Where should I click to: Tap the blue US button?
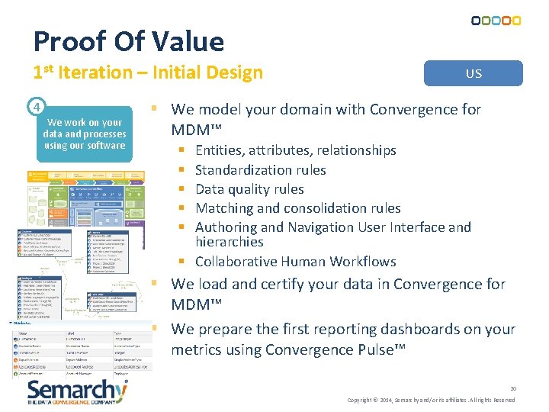(x=474, y=73)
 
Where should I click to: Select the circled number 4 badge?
(x=37, y=105)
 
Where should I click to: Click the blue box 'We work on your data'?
(x=84, y=134)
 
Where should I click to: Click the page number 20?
(x=513, y=388)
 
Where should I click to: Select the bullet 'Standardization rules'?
(x=260, y=169)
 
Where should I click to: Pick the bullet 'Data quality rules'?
(x=249, y=188)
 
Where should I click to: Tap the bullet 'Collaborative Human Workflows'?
(x=295, y=261)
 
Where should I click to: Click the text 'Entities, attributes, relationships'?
(x=295, y=150)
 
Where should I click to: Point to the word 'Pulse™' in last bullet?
(x=384, y=349)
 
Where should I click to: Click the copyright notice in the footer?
(x=431, y=400)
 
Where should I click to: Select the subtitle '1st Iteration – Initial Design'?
(x=148, y=72)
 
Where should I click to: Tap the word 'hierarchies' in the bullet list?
(x=229, y=242)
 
